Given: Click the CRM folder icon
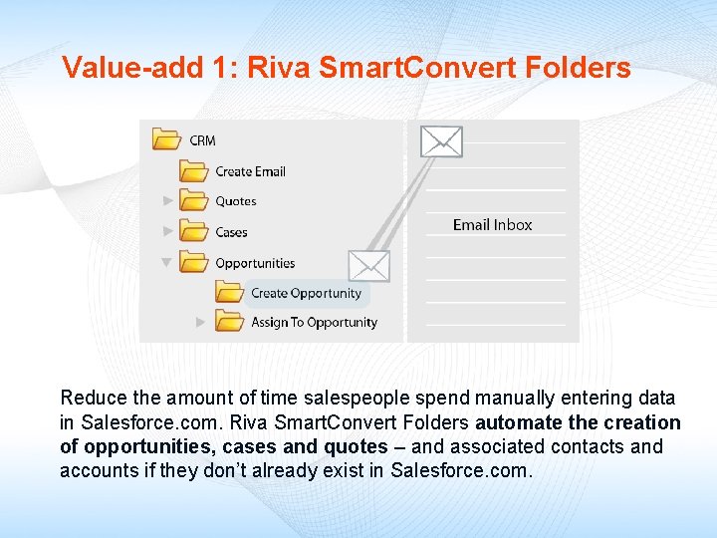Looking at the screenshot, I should (166, 139).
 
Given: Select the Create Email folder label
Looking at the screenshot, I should (250, 171).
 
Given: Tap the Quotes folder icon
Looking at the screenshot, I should (193, 200).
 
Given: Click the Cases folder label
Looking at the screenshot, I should (231, 232).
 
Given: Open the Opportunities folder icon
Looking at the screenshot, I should (193, 262).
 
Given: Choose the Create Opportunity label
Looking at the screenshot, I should (306, 293).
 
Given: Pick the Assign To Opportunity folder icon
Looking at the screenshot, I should (230, 322).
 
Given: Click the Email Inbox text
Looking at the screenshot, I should (492, 225).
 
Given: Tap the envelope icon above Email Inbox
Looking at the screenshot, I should (441, 141).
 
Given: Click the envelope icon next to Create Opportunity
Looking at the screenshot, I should (369, 266).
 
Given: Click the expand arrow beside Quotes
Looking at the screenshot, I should (168, 201).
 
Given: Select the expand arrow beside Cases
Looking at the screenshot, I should (168, 231).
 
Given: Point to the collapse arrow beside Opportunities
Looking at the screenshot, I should (167, 263).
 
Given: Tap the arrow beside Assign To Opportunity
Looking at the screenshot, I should (200, 322).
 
